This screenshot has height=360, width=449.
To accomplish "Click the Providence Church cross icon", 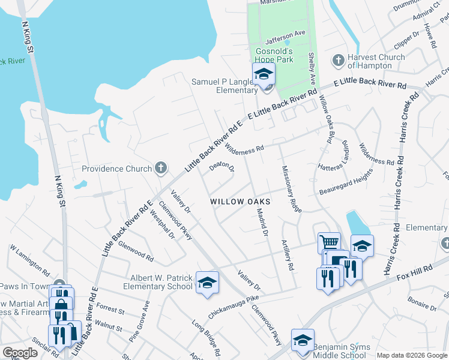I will (160, 169).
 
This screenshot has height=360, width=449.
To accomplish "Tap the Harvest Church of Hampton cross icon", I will (338, 61).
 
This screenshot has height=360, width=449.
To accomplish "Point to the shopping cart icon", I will (328, 242).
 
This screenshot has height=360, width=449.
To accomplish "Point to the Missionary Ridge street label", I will (291, 188).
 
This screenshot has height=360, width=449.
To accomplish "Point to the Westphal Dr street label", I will (162, 224).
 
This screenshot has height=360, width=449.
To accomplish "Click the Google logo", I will (20, 353).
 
